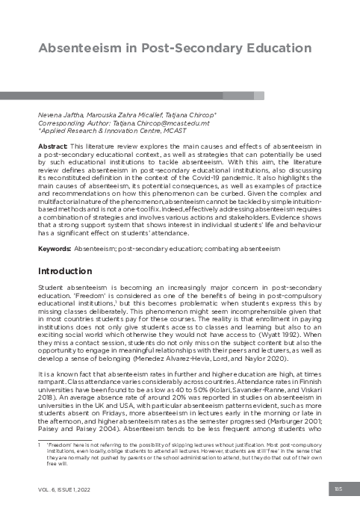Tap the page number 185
coord(339,489)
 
